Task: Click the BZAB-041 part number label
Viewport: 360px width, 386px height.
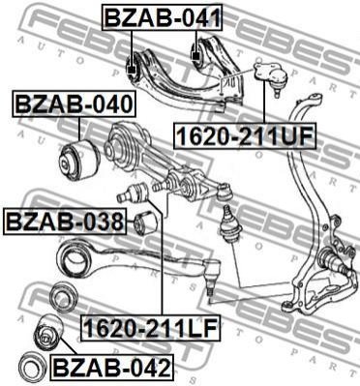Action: (x=163, y=17)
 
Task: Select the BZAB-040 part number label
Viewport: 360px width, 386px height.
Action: (x=74, y=104)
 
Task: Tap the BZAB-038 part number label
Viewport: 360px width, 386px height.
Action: (x=64, y=222)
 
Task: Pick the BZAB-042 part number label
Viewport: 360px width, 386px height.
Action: (x=111, y=367)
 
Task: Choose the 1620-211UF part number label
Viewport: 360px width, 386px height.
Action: (x=245, y=135)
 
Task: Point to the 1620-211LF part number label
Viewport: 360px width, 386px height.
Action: (x=151, y=327)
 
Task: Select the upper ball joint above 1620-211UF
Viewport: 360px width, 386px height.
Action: (x=270, y=77)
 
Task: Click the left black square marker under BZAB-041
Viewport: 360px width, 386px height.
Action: (x=131, y=70)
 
